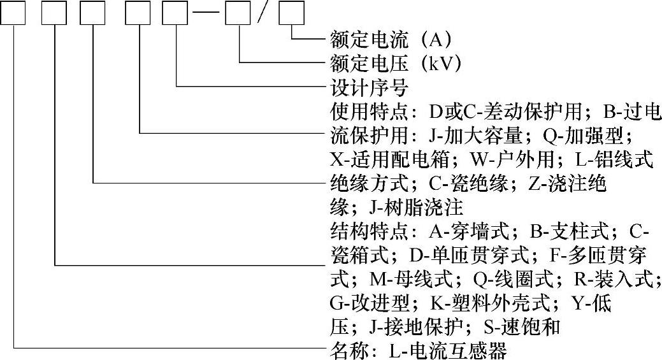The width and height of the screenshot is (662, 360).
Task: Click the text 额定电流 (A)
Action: pyautogui.click(x=391, y=40)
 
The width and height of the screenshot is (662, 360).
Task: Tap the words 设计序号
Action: pyautogui.click(x=369, y=87)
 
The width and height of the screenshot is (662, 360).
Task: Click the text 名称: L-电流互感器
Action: pyautogui.click(x=419, y=350)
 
